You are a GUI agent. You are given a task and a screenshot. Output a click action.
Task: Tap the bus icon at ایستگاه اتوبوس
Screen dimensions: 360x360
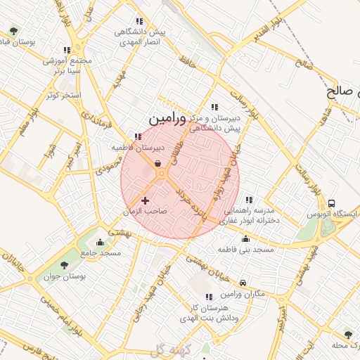click(332, 203)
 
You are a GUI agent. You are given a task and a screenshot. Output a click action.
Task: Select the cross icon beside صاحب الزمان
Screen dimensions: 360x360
click(146, 201)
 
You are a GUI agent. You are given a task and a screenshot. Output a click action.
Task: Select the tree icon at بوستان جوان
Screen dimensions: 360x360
click(64, 265)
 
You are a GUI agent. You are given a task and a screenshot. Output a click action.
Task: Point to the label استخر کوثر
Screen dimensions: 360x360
click(63, 94)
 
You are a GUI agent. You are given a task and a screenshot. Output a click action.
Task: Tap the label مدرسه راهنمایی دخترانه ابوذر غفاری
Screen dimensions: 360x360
click(252, 215)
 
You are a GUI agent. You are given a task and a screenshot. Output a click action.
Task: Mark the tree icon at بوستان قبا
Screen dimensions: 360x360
click(13, 31)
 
